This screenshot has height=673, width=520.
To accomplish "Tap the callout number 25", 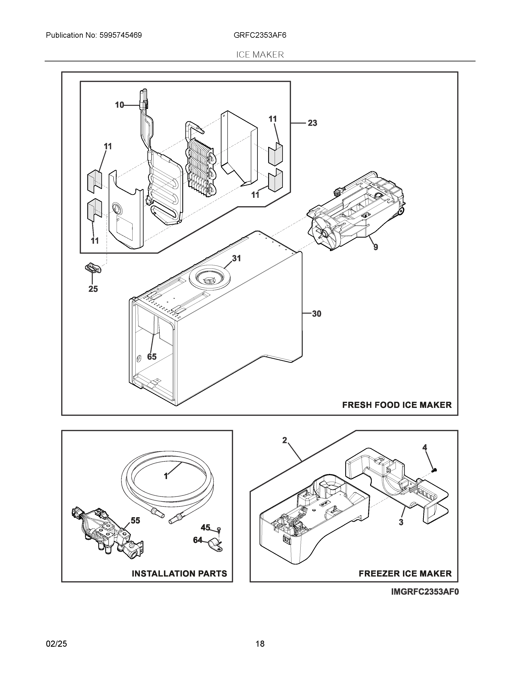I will tap(93, 289).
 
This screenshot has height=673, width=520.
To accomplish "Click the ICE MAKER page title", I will tap(260, 55).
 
